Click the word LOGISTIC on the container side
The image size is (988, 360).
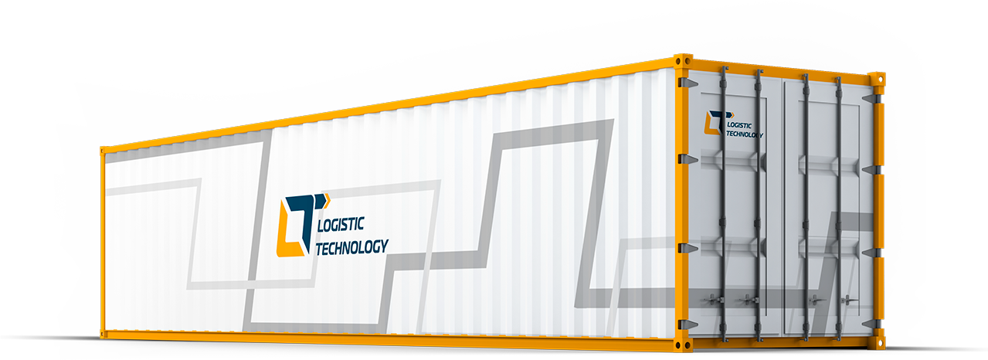(x=341, y=224)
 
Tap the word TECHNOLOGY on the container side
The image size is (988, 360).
(x=352, y=247)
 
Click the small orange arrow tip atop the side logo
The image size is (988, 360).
(x=327, y=200)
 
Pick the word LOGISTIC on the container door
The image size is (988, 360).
(x=739, y=125)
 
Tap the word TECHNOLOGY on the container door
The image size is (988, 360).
(x=745, y=134)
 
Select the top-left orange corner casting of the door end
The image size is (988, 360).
(x=683, y=61)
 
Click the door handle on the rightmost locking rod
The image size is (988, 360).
(x=850, y=300)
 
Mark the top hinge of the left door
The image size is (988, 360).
(x=687, y=83)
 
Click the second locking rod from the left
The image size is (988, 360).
(x=759, y=205)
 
